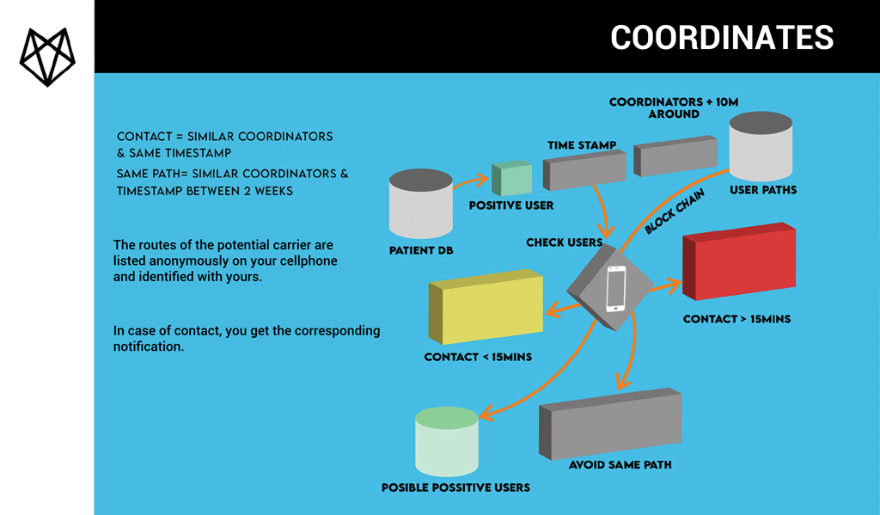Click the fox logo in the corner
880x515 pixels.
coord(48,57)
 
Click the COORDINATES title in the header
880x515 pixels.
coord(722,38)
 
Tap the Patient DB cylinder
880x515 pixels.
coord(421,203)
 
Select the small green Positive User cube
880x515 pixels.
coord(512,179)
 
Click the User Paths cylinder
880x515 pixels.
coord(761,146)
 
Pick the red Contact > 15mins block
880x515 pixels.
coord(739,261)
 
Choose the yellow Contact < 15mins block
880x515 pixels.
coord(486,307)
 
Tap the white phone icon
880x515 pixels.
coord(615,288)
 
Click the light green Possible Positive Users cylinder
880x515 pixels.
coord(447,442)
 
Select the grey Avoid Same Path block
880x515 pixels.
coord(610,424)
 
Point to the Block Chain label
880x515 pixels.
coord(674,212)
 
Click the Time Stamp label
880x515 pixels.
coord(582,145)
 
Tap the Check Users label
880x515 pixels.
coord(564,242)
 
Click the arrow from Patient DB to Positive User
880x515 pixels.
coord(470,181)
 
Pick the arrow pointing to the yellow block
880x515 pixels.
coord(563,310)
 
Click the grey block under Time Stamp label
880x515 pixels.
coord(584,170)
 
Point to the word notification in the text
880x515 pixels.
coord(149,346)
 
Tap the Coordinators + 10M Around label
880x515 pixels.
coord(674,107)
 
